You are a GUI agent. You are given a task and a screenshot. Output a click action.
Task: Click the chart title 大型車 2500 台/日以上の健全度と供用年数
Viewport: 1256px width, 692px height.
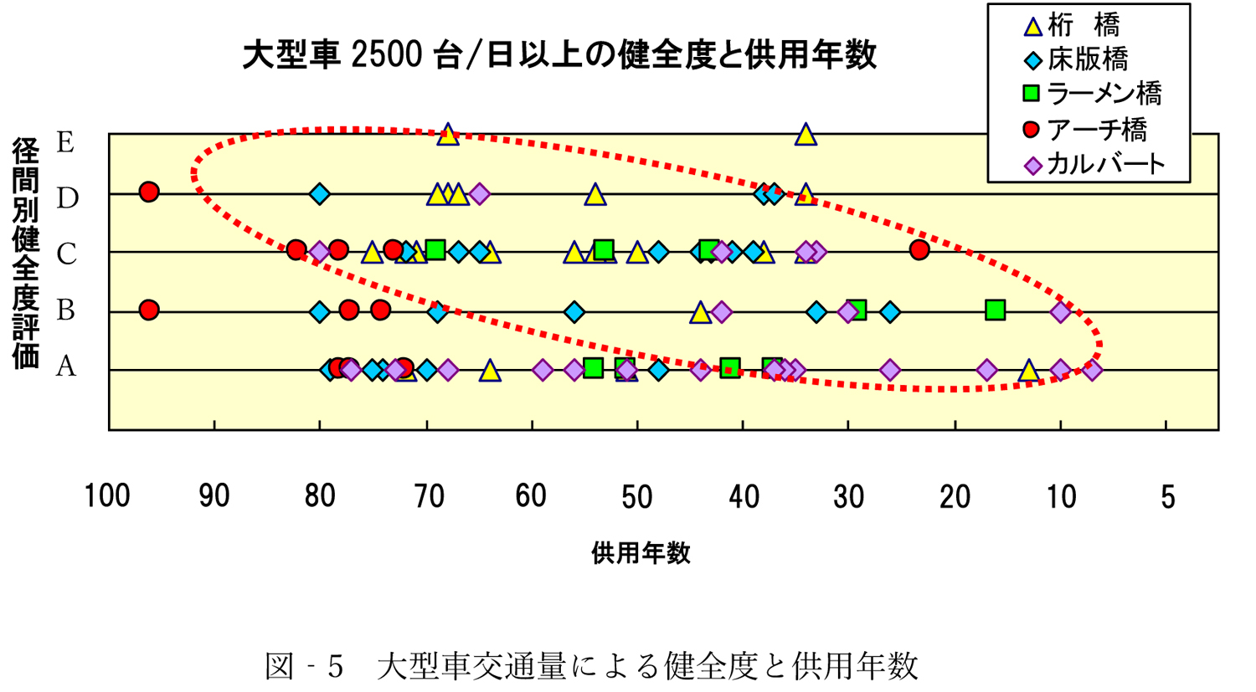point(559,55)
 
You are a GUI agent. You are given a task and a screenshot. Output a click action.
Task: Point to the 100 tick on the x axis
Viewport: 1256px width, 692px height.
point(107,496)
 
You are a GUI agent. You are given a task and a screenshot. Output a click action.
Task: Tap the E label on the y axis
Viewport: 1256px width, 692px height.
point(65,142)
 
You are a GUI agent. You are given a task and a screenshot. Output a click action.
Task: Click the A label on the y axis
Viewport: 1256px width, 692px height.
point(65,367)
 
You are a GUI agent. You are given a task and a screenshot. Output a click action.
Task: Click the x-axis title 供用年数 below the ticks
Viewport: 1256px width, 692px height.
point(641,553)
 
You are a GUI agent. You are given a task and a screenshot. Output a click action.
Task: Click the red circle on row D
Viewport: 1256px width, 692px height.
point(149,192)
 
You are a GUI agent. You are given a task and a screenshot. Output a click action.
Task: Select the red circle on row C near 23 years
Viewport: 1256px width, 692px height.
point(919,249)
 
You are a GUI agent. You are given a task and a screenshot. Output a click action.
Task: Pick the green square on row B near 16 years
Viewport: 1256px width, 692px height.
point(995,310)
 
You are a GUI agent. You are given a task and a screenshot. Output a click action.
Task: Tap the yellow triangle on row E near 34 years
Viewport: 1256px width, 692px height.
point(806,135)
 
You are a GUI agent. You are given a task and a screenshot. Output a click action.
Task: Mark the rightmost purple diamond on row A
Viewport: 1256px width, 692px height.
point(1092,370)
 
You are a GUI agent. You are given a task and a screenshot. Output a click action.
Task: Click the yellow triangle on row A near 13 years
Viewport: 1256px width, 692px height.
point(1029,371)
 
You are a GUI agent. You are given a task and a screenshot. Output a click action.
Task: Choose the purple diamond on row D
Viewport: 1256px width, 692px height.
point(479,194)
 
